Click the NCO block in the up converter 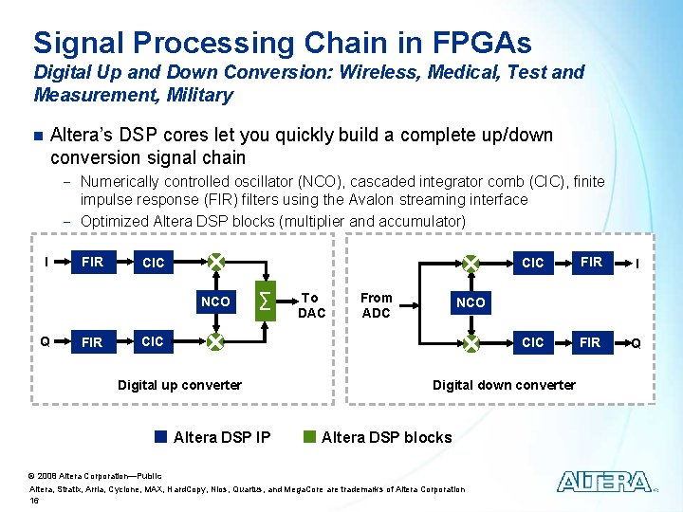pyautogui.click(x=215, y=302)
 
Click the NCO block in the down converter pyautogui.click(x=471, y=302)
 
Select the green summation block pyautogui.click(x=267, y=301)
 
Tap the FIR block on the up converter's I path pyautogui.click(x=93, y=262)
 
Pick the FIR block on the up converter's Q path pyautogui.click(x=93, y=342)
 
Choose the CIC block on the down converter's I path pyautogui.click(x=533, y=263)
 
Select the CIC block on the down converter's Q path pyautogui.click(x=533, y=342)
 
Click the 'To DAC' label pyautogui.click(x=311, y=305)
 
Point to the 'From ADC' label pyautogui.click(x=377, y=305)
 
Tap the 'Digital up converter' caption pyautogui.click(x=179, y=385)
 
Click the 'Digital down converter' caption pyautogui.click(x=504, y=385)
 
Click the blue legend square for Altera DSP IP pyautogui.click(x=161, y=437)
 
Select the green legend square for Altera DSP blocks pyautogui.click(x=309, y=437)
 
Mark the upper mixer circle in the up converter pyautogui.click(x=216, y=261)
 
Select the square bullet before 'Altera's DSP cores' pyautogui.click(x=38, y=136)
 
